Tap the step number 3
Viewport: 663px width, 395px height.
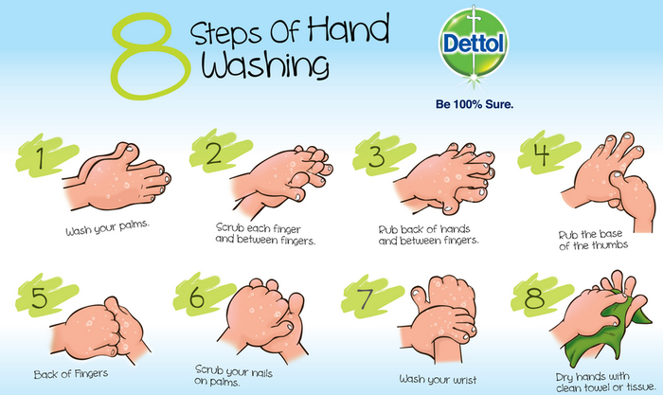[376, 155]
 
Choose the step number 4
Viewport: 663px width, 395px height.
[540, 155]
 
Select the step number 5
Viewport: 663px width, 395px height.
[39, 298]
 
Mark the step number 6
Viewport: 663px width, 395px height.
[197, 299]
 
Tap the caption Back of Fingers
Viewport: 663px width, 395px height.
[70, 373]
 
